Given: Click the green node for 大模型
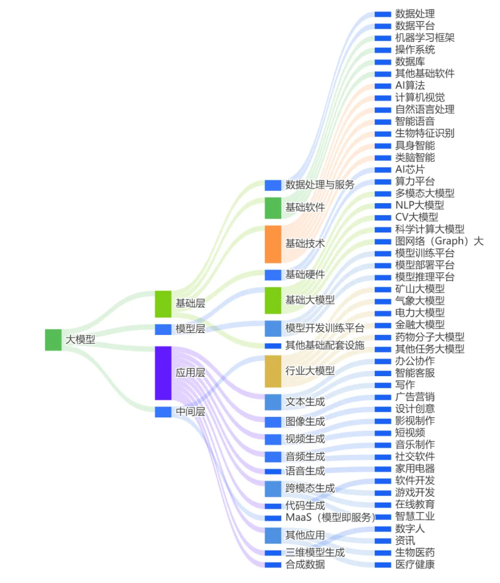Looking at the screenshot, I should click(53, 340).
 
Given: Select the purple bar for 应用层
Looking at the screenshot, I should click(163, 373).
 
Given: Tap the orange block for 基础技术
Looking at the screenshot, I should click(273, 244).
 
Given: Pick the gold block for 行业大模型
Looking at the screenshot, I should click(273, 371).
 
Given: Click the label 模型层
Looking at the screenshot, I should click(190, 329).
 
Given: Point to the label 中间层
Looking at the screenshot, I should click(190, 411).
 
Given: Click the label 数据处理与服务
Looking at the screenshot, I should click(319, 185).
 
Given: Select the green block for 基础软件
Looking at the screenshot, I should click(273, 208).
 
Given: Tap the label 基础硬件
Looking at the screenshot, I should click(305, 274).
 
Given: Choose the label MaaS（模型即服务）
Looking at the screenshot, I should click(330, 517).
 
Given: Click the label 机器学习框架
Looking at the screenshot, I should click(425, 37).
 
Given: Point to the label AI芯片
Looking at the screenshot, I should click(409, 169).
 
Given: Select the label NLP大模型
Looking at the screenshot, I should click(419, 205).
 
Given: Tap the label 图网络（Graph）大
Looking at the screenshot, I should click(439, 241).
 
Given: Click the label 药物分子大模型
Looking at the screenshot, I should click(430, 337).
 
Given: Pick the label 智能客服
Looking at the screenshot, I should click(415, 372).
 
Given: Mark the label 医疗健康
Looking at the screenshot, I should click(415, 564).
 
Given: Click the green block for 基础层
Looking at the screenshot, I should click(163, 304).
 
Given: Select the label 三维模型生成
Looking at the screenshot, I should click(315, 552).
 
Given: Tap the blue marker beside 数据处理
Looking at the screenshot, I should click(383, 14).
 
